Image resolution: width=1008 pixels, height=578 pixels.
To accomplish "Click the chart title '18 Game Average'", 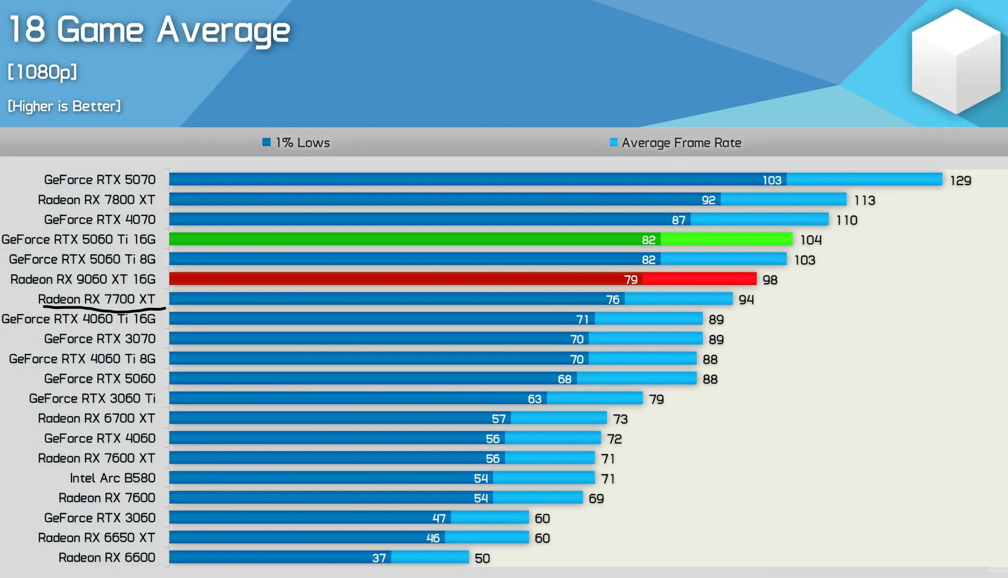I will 150,30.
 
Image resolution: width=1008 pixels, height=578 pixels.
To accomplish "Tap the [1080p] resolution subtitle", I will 42,72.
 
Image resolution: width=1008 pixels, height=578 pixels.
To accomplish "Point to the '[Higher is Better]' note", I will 64,106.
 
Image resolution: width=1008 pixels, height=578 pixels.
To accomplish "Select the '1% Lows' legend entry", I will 296,143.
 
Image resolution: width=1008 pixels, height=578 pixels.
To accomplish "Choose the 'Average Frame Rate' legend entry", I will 676,143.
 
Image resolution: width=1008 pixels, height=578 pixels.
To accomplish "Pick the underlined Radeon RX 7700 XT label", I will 96,299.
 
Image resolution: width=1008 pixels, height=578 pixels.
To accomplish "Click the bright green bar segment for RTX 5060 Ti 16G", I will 726,239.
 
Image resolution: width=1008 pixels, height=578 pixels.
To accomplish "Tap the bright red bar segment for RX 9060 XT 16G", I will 699,279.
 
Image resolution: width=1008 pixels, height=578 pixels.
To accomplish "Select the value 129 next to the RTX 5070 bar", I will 960,181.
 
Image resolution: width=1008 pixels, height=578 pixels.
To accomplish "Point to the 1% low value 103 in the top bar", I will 772,180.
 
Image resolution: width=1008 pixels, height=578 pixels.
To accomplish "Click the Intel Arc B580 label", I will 112,478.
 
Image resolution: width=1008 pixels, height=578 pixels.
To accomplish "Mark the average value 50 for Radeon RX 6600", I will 482,558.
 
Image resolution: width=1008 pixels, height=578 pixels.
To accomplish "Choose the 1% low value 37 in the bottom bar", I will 379,558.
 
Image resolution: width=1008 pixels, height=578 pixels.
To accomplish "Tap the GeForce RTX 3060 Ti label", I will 92,398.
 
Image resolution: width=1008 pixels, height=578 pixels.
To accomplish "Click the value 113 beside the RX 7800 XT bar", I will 864,200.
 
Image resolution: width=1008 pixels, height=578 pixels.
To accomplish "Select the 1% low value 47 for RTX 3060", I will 439,518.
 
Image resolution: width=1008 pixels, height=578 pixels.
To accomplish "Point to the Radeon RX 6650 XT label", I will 96,538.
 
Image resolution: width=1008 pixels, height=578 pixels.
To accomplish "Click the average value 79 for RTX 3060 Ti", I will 656,400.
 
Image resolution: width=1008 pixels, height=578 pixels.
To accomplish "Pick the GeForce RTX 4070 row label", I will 100,219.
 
